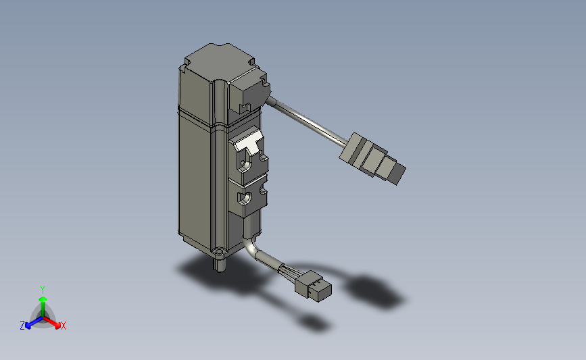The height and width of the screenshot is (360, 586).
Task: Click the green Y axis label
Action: tap(42, 290)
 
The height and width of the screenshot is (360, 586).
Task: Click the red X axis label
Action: tap(63, 326)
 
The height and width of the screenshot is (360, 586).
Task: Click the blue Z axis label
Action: tap(22, 326)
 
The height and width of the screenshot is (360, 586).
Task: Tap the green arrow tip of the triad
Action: tap(43, 299)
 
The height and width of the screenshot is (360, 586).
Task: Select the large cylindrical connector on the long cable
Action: tap(372, 158)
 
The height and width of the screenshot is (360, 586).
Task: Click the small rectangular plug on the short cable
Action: tap(313, 286)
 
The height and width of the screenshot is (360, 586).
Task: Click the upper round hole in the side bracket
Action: tap(245, 164)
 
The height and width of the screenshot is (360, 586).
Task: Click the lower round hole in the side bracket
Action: tap(245, 197)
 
